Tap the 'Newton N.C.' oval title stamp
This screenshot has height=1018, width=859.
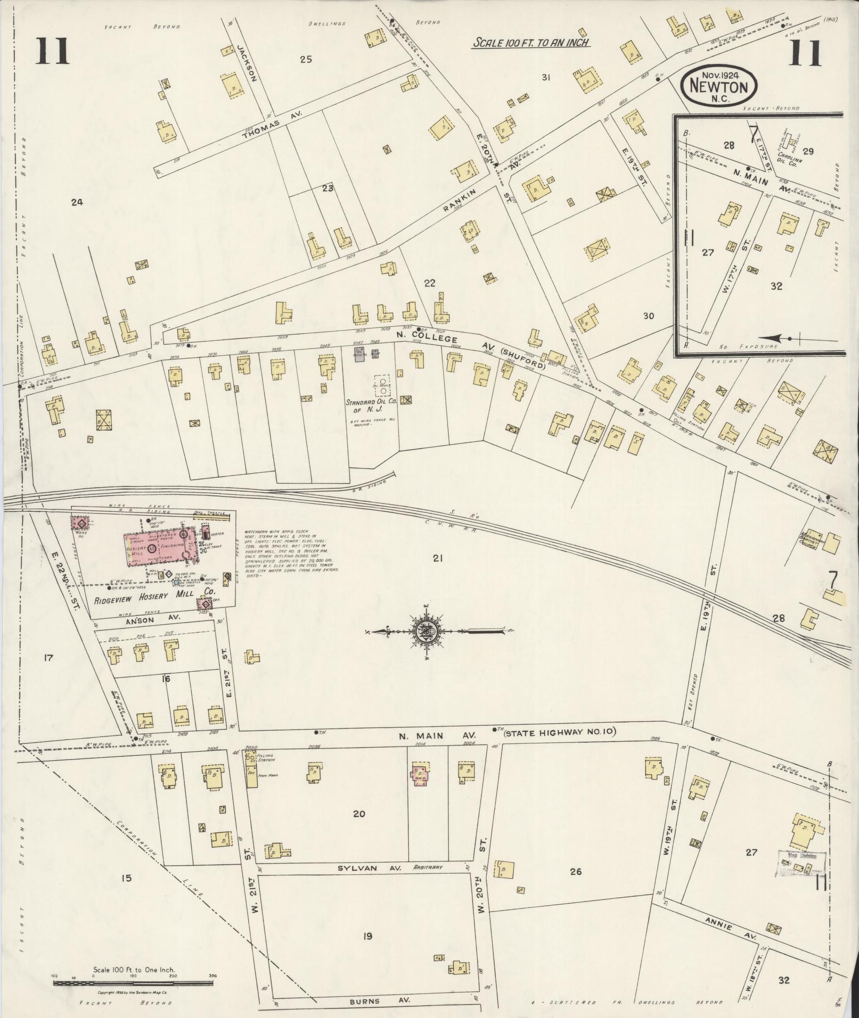point(719,85)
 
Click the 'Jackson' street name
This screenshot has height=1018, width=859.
point(248,62)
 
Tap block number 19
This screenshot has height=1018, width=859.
point(367,936)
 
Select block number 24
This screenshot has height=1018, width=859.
point(77,202)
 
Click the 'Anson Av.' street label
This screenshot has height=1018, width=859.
point(153,618)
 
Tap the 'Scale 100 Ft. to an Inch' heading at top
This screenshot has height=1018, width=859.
point(530,43)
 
